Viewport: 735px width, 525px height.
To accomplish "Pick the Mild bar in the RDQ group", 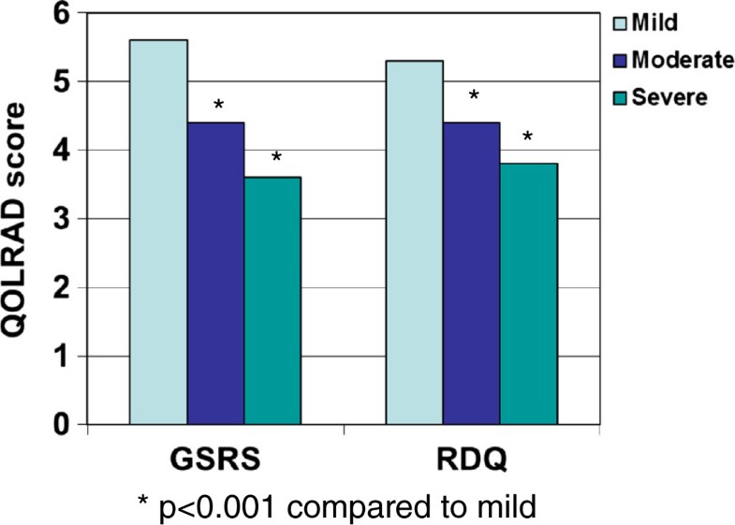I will [x=414, y=242].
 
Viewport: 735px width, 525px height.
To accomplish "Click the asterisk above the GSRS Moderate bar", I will [x=219, y=105].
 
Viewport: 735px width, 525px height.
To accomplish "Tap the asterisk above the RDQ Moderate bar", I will [x=474, y=97].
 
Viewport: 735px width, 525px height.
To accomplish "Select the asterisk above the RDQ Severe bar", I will [x=528, y=139].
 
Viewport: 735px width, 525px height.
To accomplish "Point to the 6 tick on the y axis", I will [x=62, y=14].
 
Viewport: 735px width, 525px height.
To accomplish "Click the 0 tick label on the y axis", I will [x=62, y=426].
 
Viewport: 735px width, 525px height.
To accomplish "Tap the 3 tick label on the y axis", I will [x=62, y=220].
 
